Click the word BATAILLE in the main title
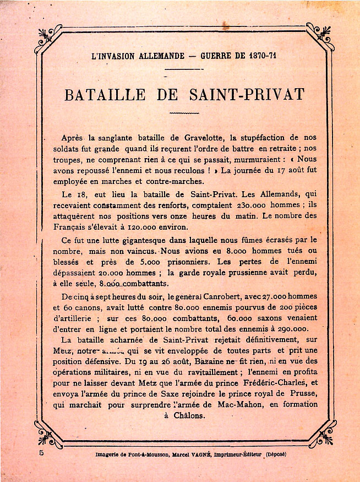click(105, 95)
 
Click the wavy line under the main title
click(184, 112)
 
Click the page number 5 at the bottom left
click(42, 453)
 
